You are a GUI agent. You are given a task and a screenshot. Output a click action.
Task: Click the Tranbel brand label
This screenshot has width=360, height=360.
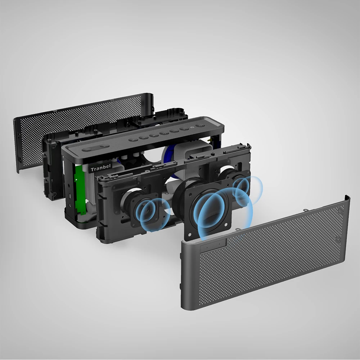point(100,168)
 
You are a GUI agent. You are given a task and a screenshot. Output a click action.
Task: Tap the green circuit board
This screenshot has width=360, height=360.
point(80,190)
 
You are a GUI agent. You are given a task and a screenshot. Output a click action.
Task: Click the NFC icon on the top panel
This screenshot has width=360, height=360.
point(192,127)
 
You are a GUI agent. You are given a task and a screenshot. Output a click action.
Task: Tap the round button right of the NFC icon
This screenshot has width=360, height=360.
point(200,126)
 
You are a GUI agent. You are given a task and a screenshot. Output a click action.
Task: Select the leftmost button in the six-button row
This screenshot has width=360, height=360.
point(133,140)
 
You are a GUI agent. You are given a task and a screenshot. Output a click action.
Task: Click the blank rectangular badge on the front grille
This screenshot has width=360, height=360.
point(213,246)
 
